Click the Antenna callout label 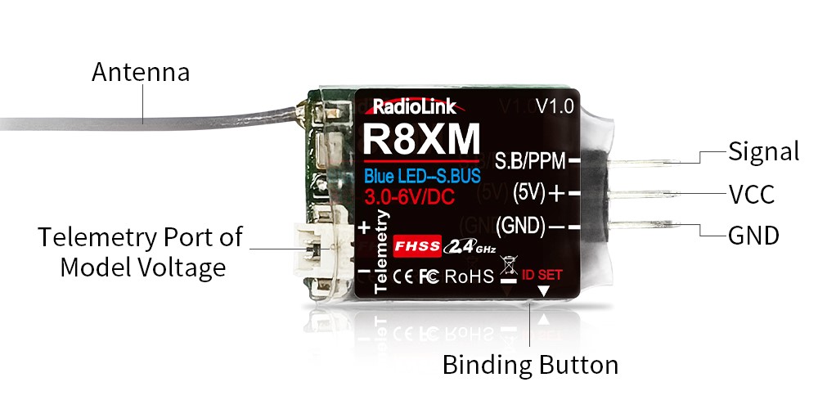tap(140, 72)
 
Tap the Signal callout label tap(763, 151)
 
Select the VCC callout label tap(751, 194)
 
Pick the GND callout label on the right tap(753, 236)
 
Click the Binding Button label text tap(530, 364)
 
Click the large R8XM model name tap(420, 140)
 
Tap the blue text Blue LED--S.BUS tap(422, 176)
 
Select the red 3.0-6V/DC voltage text tap(411, 197)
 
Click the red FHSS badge tap(417, 245)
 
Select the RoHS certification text tap(470, 276)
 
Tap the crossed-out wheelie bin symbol tap(507, 265)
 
